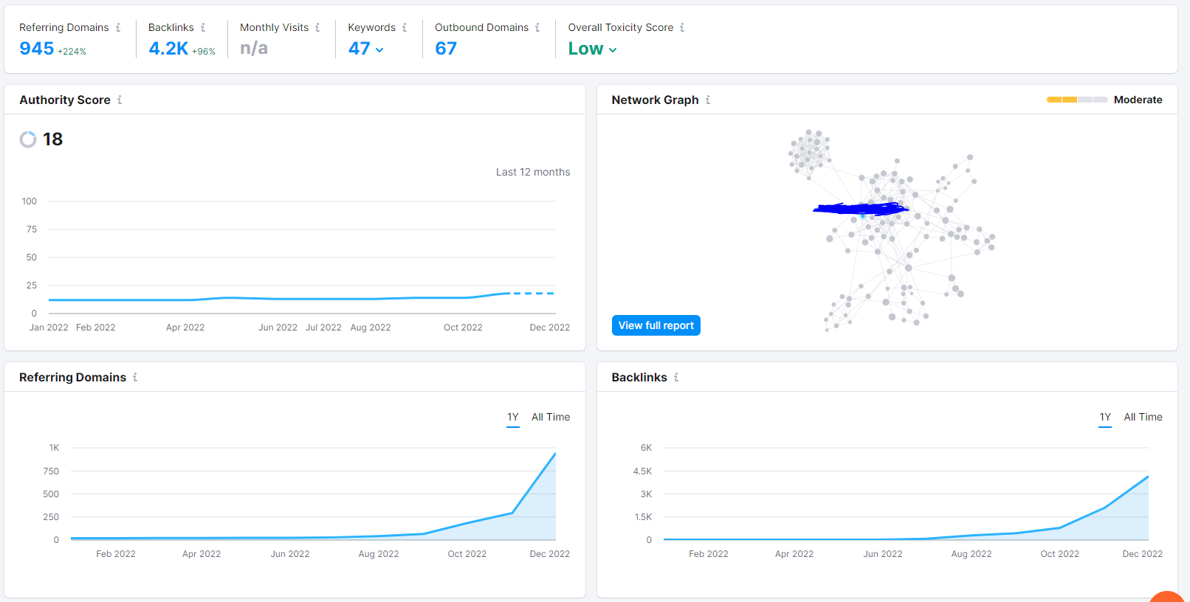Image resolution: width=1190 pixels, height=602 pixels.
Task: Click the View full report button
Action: click(x=656, y=325)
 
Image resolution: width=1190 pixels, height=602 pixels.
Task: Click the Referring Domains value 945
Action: click(x=37, y=48)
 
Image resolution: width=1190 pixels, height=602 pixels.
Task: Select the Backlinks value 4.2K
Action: click(x=168, y=48)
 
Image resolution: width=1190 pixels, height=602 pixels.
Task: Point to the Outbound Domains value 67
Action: click(x=446, y=48)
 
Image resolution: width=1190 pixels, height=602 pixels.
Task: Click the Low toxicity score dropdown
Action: click(x=592, y=49)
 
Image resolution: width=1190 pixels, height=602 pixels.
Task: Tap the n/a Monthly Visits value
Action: click(x=254, y=48)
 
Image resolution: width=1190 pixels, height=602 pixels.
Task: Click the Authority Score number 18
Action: click(x=52, y=139)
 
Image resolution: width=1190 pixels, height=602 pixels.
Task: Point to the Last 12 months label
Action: click(x=533, y=172)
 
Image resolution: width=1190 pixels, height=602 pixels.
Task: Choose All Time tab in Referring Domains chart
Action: click(x=551, y=417)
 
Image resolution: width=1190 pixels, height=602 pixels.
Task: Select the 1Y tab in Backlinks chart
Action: click(x=1105, y=417)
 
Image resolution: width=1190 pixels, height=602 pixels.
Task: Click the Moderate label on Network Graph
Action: click(x=1138, y=100)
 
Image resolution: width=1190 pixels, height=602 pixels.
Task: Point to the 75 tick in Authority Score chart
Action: click(x=31, y=229)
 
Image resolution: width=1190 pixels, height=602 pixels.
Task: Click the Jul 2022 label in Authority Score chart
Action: click(x=323, y=328)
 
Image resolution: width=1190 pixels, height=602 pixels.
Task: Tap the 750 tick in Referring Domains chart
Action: click(x=51, y=471)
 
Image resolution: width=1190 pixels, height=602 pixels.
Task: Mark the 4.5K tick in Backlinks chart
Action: click(x=642, y=471)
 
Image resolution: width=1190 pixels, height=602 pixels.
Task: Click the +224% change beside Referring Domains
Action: click(x=72, y=52)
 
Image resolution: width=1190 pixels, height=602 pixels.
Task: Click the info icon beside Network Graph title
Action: click(x=708, y=100)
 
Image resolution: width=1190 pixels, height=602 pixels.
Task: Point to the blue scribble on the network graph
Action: click(x=861, y=209)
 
